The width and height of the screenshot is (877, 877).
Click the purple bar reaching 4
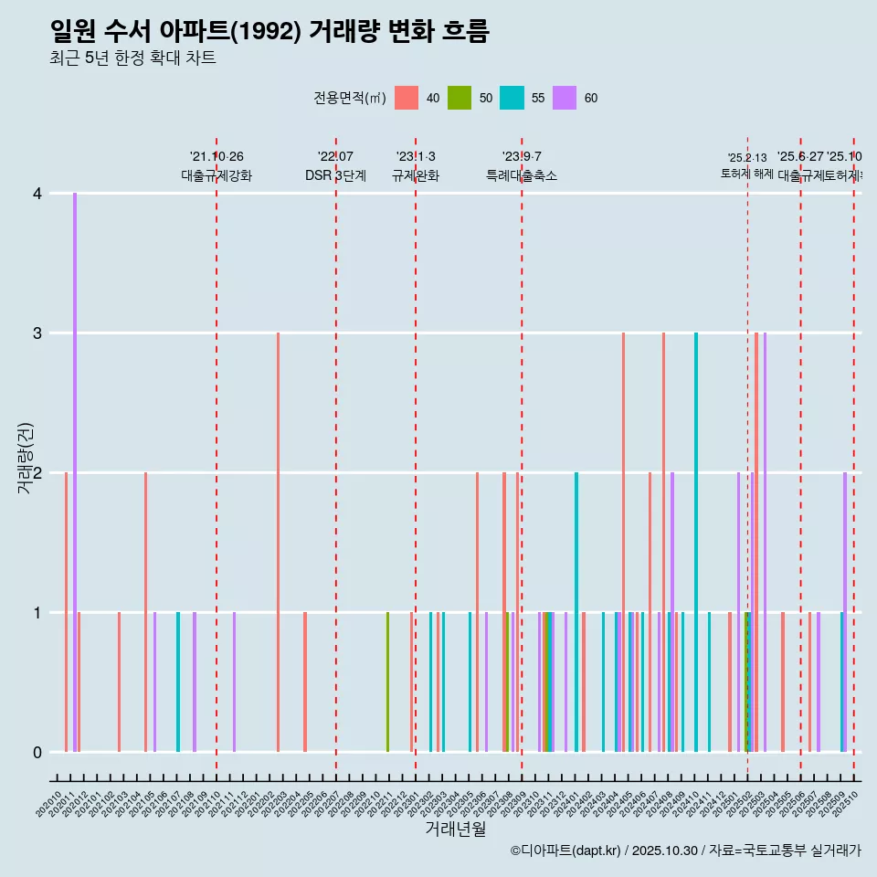[x=75, y=472]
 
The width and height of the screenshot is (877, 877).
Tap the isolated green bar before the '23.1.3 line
[x=387, y=682]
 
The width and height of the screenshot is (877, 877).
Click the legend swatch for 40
[x=407, y=98]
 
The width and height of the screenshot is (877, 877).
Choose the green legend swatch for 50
[x=460, y=98]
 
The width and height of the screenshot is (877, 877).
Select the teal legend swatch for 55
[x=512, y=98]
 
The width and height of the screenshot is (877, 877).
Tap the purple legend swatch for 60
[x=565, y=98]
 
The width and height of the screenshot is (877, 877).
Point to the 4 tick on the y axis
[x=37, y=193]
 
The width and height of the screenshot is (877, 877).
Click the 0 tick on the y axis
[x=37, y=752]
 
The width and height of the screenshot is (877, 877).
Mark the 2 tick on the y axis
[x=37, y=472]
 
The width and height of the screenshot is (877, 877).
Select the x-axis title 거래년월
[x=455, y=829]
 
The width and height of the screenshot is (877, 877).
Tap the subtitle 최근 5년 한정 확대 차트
[x=132, y=58]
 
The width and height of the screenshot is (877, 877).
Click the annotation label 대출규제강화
[x=217, y=175]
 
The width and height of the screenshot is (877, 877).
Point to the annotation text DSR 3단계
[x=335, y=175]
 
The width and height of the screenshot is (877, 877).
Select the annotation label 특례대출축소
[x=521, y=175]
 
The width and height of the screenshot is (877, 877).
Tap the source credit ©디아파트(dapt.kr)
[x=566, y=851]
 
